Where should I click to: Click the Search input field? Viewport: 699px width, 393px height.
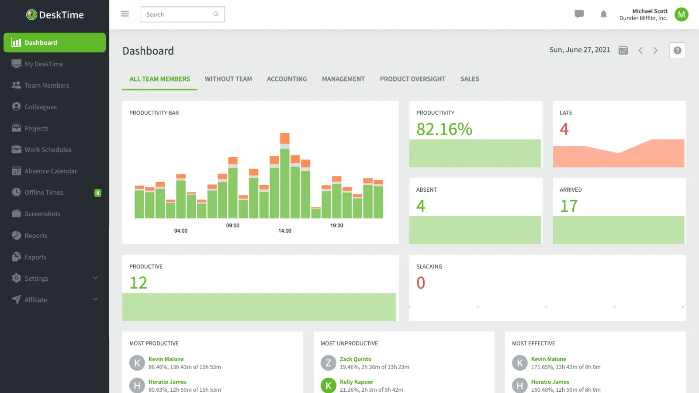point(177,14)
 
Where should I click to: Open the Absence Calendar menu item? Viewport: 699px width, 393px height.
point(51,171)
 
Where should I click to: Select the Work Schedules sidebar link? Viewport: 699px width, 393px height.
point(48,150)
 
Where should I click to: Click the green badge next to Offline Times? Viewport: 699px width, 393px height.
point(98,193)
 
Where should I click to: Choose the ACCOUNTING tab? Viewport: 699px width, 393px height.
point(287,79)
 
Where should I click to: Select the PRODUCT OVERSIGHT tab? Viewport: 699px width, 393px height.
point(412,79)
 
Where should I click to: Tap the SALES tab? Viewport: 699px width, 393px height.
point(470,79)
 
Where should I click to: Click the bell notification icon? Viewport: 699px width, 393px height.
point(603,14)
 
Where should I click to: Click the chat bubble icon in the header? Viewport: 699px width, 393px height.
point(579,14)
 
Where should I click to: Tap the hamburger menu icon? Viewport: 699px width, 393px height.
point(125,14)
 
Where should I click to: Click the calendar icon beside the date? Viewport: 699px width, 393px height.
point(623,50)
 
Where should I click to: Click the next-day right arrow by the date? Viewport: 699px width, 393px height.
point(655,51)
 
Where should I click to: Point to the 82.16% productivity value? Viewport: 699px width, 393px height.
point(444,129)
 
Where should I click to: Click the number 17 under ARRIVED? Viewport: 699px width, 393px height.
point(569,206)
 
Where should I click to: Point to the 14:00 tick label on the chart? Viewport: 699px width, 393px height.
point(285,231)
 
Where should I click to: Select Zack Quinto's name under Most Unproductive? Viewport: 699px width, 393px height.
point(355,359)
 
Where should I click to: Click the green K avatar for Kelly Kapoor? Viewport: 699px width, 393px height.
point(329,385)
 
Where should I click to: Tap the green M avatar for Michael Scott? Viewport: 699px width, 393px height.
point(681,14)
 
